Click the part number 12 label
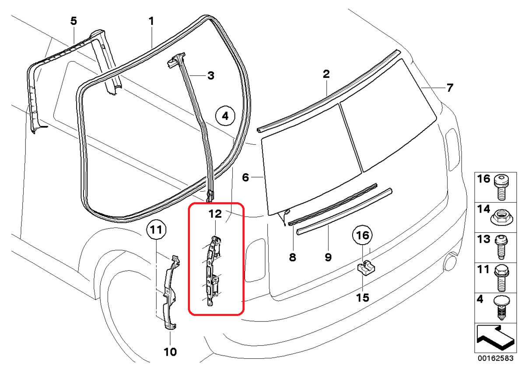point(215,214)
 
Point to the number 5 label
point(74,21)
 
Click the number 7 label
point(450,87)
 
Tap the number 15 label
point(363,297)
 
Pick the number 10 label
point(170,351)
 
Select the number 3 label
point(211,76)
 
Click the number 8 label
point(292,257)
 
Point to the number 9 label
point(328,257)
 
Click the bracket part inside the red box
point(213,271)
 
